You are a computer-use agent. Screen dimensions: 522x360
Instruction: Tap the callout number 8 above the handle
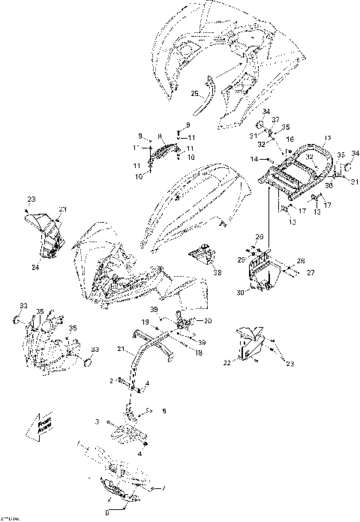[160, 137]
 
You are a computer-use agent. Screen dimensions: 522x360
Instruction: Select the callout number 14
[254, 159]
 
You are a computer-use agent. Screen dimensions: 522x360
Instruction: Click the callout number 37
[276, 120]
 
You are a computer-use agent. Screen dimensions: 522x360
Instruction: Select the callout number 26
[260, 237]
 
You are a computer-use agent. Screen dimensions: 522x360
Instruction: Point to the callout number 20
[208, 321]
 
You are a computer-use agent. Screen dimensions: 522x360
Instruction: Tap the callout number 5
[164, 411]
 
